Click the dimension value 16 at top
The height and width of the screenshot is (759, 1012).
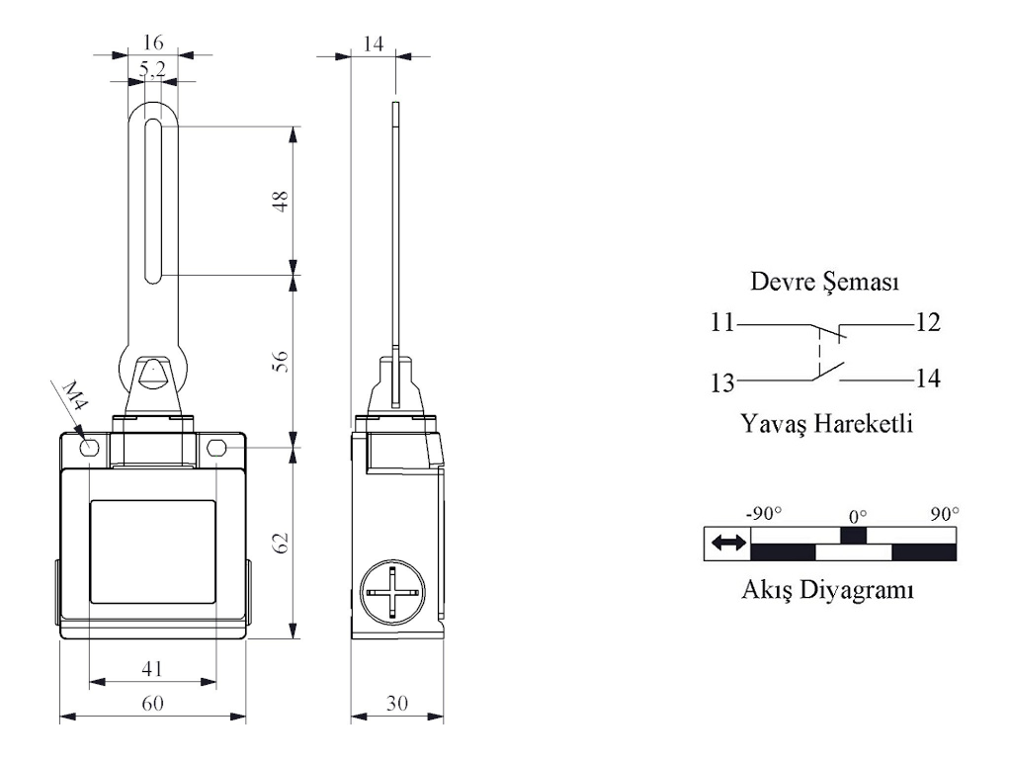coord(153,42)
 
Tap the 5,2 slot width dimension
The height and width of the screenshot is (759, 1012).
coord(152,68)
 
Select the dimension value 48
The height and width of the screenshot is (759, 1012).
coord(280,202)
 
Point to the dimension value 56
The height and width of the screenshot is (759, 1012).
coord(280,362)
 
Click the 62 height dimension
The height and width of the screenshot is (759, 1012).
coord(280,543)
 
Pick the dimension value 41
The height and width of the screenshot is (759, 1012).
coord(152,668)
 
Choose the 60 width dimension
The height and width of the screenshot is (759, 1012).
coord(152,703)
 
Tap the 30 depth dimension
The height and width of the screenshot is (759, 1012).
coord(397,703)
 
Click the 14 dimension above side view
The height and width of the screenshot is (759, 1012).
coord(373,43)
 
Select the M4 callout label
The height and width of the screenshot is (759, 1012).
coord(75,395)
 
